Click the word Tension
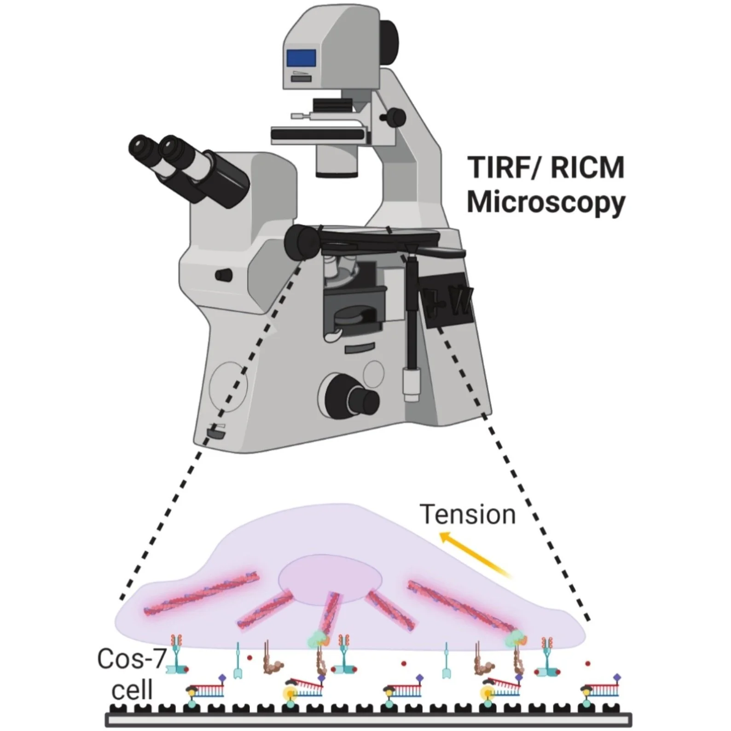pos(468,515)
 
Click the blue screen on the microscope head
pos(302,58)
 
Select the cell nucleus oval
pos(330,579)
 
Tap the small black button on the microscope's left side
pos(224,275)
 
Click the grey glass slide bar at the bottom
pos(368,719)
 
